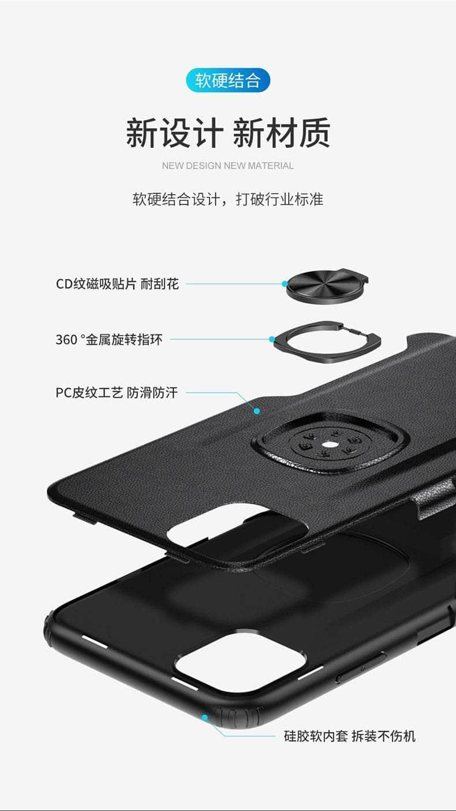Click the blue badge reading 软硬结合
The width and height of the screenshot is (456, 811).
coord(228,80)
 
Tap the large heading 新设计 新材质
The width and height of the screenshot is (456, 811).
coord(228,132)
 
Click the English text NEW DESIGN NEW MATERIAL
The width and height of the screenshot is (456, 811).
coord(227,166)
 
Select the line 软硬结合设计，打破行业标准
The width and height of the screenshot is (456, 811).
coord(228,199)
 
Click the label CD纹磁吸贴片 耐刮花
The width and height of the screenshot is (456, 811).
coord(117,284)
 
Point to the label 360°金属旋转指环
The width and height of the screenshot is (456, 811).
coord(109,340)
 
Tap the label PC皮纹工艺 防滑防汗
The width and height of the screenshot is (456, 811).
coord(117,392)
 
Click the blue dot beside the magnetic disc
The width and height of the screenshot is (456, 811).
coord(285,284)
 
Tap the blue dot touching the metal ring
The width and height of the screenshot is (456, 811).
coord(272,339)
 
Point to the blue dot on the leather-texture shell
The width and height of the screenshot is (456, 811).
coord(257,411)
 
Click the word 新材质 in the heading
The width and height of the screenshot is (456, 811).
coord(282,132)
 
